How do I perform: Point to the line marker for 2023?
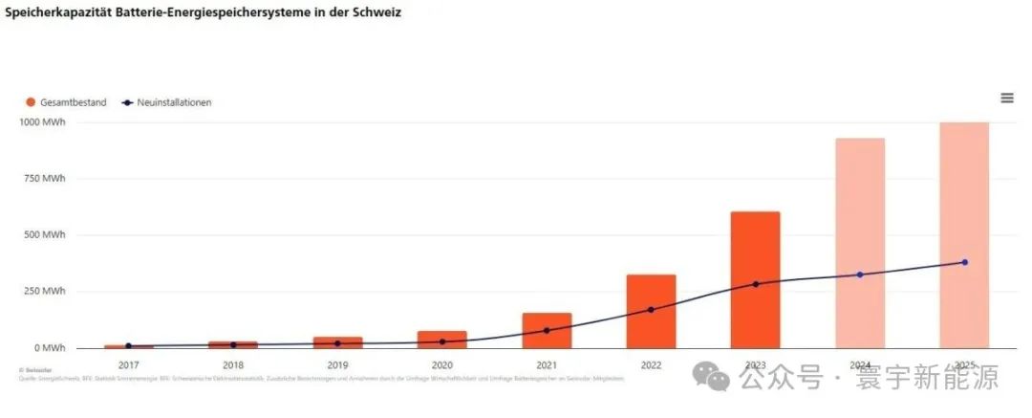756,284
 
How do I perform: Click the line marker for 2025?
965,262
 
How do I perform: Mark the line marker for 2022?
652,310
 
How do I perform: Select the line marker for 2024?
860,275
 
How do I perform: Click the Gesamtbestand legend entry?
66,102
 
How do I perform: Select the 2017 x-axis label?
128,364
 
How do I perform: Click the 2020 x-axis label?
441,364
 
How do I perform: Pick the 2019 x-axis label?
337,364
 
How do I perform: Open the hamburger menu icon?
1006,98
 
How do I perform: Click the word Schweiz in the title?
376,13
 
